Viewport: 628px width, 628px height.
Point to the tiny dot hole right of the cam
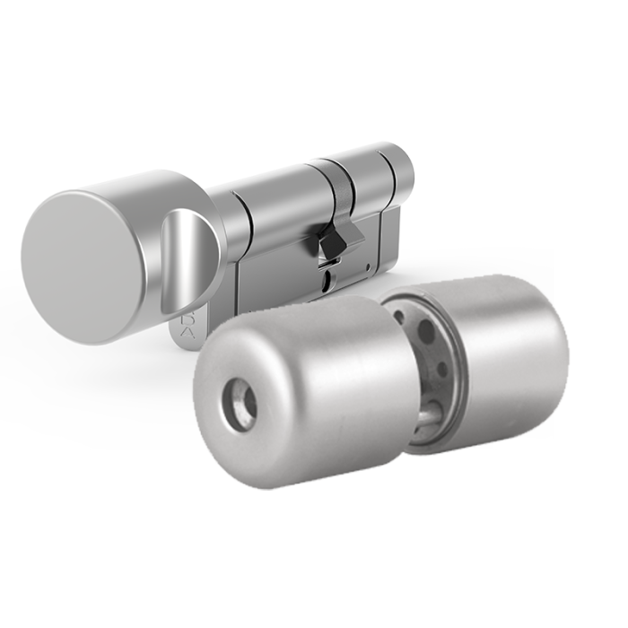coord(369,266)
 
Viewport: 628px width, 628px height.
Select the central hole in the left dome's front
coord(240,402)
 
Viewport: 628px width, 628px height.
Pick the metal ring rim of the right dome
coord(453,359)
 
